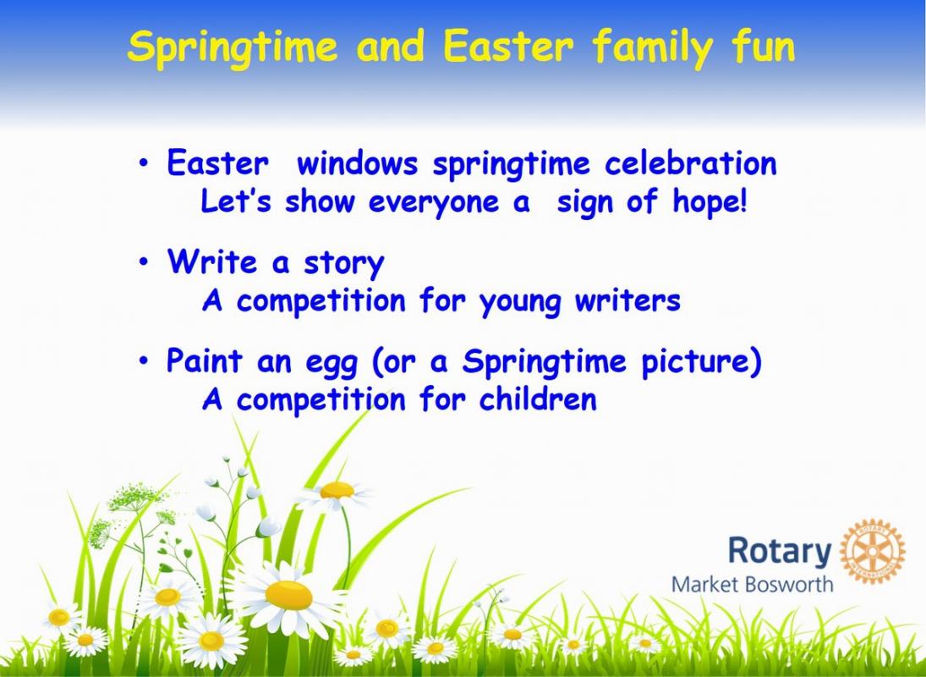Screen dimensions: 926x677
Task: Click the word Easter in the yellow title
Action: pos(508,47)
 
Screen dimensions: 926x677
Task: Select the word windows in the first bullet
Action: pos(357,163)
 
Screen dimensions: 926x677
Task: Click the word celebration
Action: pos(690,163)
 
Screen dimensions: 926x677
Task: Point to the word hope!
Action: pos(710,202)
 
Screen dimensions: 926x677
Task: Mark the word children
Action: pos(538,399)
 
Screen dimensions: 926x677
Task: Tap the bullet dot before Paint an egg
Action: pos(144,361)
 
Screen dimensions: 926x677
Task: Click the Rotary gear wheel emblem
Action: pos(872,551)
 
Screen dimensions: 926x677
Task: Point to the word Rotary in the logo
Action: pos(780,551)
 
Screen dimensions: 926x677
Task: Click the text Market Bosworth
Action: pos(753,585)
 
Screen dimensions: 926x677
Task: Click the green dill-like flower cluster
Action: pos(134,497)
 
